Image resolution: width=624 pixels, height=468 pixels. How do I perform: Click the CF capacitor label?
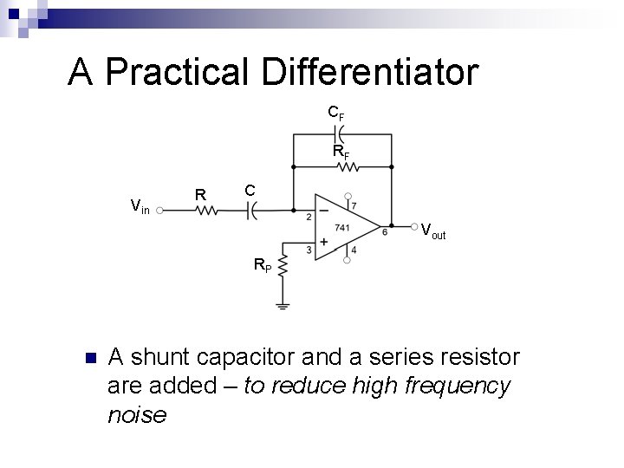335,113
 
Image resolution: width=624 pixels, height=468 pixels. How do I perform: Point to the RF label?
341,153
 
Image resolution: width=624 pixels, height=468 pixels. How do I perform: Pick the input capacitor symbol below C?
251,210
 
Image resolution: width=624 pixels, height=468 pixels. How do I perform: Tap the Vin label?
140,205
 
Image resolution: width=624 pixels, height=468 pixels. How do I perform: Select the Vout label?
432,231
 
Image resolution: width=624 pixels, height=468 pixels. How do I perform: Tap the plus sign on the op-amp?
323,244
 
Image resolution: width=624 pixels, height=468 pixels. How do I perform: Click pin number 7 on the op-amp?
353,205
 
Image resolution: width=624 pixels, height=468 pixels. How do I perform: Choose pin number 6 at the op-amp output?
384,232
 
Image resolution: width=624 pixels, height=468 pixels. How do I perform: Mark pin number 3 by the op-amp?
309,250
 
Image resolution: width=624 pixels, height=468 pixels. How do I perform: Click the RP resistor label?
262,265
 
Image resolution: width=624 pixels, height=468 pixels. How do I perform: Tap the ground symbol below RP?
282,305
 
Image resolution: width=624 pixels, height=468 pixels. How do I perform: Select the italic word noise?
137,415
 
